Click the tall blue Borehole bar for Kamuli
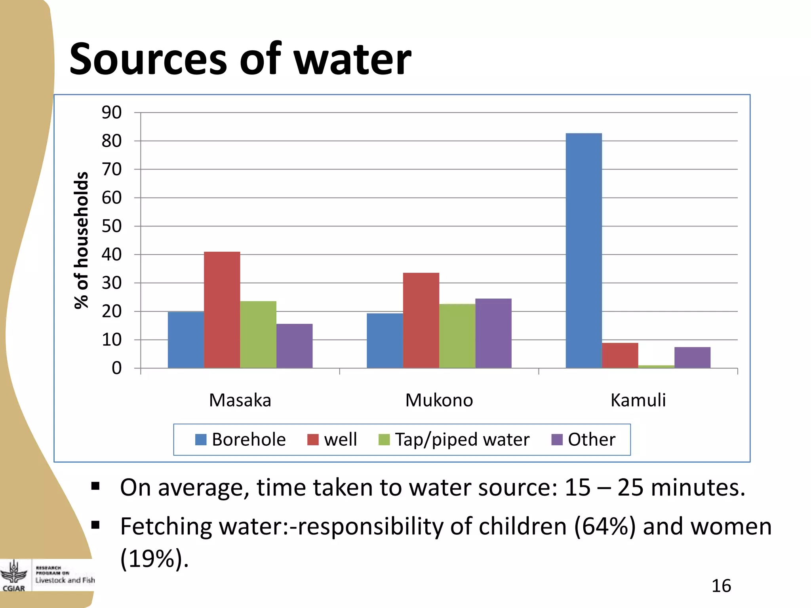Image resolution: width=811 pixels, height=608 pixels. pos(584,251)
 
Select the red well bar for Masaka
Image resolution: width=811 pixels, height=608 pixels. pos(222,310)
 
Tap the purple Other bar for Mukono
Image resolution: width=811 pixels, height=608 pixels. pos(493,333)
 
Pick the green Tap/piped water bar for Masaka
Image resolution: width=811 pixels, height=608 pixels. pos(258,334)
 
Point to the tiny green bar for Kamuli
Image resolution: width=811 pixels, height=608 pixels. pos(656,367)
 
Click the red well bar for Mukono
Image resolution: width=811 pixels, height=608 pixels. pos(421,320)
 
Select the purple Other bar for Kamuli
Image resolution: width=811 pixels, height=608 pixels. pos(692,357)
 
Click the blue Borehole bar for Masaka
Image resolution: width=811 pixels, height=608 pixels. pos(186,340)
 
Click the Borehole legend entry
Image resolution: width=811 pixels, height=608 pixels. pos(240,439)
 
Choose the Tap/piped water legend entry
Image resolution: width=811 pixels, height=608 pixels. pos(454,439)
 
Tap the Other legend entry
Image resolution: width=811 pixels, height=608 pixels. pos(584,439)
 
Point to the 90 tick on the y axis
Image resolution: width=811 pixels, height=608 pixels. pos(112,112)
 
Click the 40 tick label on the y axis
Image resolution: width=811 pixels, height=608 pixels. pos(112,255)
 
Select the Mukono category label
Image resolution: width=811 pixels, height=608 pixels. pos(439,400)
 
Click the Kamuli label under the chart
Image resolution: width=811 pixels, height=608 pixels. pos(638,400)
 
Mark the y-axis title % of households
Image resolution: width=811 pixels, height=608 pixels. pos(81,240)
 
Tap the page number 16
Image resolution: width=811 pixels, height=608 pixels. pos(721,585)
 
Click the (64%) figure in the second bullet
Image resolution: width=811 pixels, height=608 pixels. pos(604,526)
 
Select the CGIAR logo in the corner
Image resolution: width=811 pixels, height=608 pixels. pos(14,576)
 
